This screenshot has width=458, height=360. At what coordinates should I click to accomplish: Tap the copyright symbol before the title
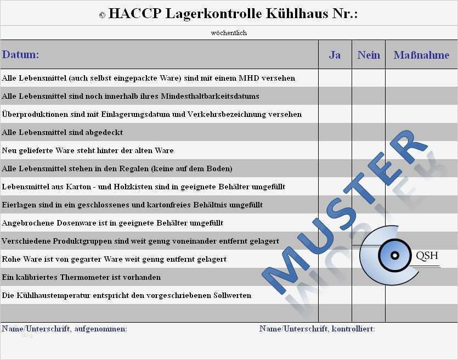click(102, 15)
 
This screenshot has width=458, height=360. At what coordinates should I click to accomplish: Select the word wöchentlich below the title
click(229, 33)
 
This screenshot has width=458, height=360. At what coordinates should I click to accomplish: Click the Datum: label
click(21, 55)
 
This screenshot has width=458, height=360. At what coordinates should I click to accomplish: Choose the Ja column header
click(335, 55)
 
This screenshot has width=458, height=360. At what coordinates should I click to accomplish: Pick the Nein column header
click(369, 55)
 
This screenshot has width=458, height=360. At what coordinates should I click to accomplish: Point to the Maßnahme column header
click(421, 55)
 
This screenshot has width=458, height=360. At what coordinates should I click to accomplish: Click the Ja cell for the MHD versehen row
click(335, 78)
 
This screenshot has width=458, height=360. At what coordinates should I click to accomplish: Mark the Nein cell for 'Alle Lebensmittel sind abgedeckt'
click(369, 132)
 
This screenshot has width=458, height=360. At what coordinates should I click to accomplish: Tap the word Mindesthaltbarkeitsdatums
click(210, 96)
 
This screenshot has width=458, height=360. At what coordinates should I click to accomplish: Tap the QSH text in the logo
click(427, 256)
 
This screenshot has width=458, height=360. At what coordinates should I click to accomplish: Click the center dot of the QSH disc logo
click(394, 255)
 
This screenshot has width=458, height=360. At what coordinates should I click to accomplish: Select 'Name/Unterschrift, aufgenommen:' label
click(64, 329)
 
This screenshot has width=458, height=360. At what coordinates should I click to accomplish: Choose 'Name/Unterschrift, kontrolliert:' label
click(317, 329)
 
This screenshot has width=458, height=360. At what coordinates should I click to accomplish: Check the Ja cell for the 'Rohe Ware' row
click(335, 259)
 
